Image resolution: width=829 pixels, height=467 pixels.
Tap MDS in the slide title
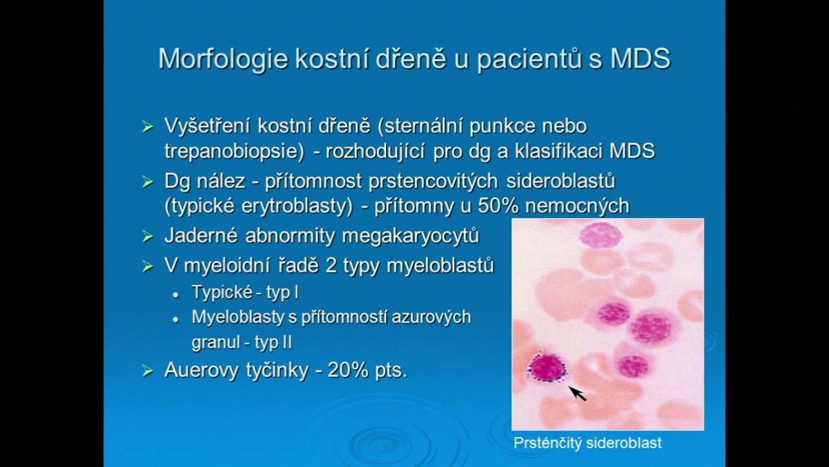(639, 59)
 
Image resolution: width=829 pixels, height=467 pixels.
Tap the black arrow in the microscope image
(577, 393)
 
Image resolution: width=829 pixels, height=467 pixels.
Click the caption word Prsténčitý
(547, 444)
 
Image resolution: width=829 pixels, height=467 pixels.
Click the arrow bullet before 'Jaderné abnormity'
(148, 237)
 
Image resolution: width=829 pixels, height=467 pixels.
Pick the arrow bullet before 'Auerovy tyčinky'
(148, 371)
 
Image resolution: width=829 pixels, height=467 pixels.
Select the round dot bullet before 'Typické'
(176, 294)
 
